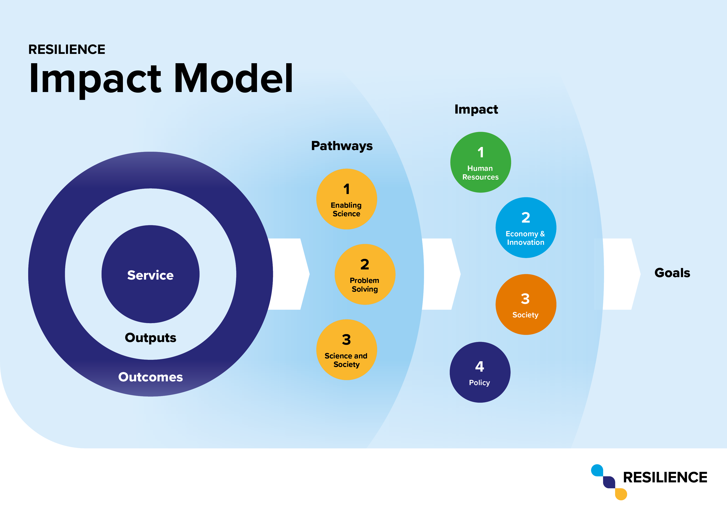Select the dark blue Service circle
pyautogui.click(x=150, y=274)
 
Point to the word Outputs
pyautogui.click(x=150, y=338)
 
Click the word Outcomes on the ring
pyautogui.click(x=150, y=377)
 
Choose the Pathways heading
pyautogui.click(x=342, y=146)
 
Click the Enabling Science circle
pyautogui.click(x=347, y=199)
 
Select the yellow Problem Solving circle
pyautogui.click(x=365, y=274)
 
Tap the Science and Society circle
pyautogui.click(x=347, y=350)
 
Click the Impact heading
pyautogui.click(x=476, y=109)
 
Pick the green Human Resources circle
pyautogui.click(x=481, y=162)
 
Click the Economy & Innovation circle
pyautogui.click(x=526, y=228)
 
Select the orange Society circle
pyautogui.click(x=526, y=304)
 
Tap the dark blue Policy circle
pyautogui.click(x=480, y=372)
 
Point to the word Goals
pyautogui.click(x=672, y=273)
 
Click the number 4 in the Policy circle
pyautogui.click(x=480, y=366)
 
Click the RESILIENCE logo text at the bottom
pyautogui.click(x=665, y=477)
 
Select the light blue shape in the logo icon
pyautogui.click(x=597, y=470)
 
